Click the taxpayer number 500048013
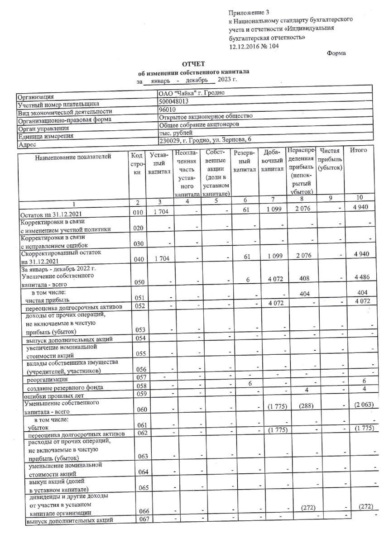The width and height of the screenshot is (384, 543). coord(175,103)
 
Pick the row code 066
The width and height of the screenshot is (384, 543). coord(137,512)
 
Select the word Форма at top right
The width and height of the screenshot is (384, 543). coord(336,53)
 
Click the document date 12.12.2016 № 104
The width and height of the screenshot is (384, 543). coord(254,46)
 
